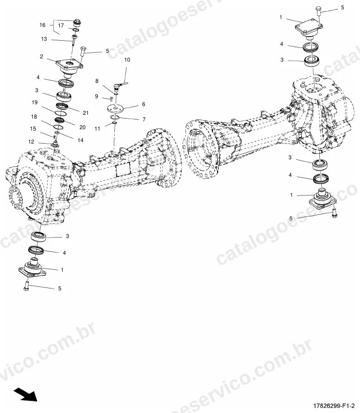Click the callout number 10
(x=127, y=60)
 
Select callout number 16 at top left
(x=43, y=25)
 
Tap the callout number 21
(x=86, y=113)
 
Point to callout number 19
(x=35, y=102)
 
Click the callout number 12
(x=31, y=142)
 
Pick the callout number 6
(x=143, y=104)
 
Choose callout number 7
(x=144, y=119)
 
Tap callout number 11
(x=97, y=129)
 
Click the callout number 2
(x=41, y=56)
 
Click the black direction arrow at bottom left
(x=26, y=394)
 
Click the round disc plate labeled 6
(x=115, y=108)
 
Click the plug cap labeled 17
(x=77, y=23)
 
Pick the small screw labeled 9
(x=111, y=99)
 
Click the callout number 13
(x=44, y=39)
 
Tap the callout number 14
(x=80, y=140)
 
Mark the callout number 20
(x=82, y=127)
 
